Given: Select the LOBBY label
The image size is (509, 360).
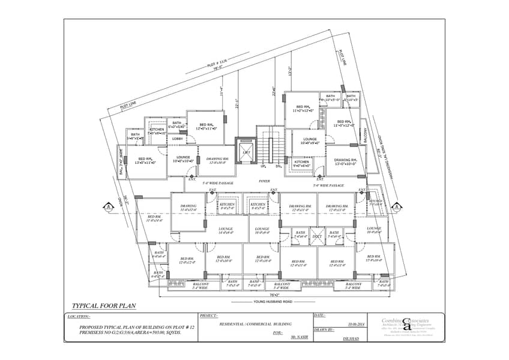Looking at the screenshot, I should click(178, 139).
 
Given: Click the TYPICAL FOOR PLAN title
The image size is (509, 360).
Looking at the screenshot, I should click(104, 306).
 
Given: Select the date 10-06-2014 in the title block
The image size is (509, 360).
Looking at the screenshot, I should click(356, 325).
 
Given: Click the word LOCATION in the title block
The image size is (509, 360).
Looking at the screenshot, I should click(79, 316).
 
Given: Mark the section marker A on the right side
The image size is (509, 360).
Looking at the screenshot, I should click(397, 207).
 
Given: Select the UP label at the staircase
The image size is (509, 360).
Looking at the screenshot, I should click(264, 166).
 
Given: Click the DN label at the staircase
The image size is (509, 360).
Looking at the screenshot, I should click(279, 166).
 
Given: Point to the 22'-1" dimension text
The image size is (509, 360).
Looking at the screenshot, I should click(237, 103).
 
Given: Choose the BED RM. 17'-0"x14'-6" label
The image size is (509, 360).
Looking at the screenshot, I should click(154, 218).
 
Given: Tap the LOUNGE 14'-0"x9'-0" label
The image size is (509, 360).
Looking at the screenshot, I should click(226, 230).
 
